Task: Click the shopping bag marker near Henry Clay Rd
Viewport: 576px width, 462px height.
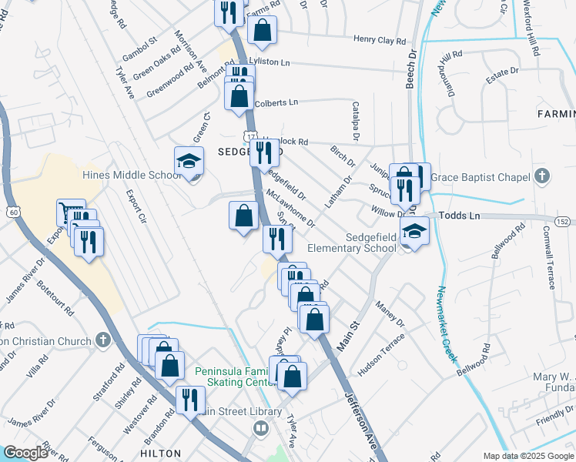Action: (x=262, y=32)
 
